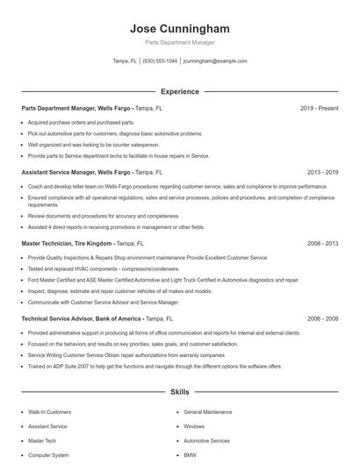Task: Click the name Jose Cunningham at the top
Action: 179,27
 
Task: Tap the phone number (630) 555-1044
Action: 161,61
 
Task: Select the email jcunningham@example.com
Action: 214,61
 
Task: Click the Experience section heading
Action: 179,91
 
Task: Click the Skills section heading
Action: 179,391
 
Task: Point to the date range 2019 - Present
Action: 319,109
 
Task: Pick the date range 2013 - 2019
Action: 322,173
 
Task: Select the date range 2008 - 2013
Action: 322,243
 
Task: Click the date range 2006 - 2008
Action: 322,319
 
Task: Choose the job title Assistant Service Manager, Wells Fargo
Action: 81,173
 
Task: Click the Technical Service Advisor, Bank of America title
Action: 82,319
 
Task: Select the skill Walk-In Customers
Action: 49,411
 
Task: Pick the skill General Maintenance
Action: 208,411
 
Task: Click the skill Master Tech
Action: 41,440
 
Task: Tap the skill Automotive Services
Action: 207,440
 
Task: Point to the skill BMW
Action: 191,455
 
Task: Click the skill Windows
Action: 194,426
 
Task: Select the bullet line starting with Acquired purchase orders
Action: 81,123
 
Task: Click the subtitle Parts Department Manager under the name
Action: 179,42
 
